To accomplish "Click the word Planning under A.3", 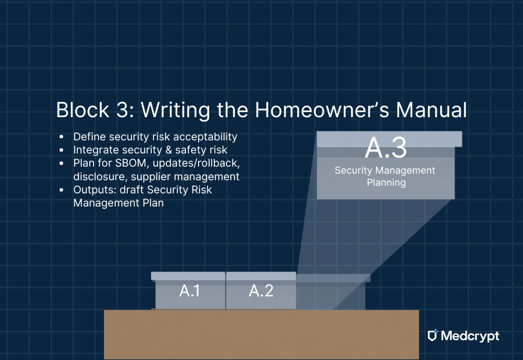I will click(x=386, y=182).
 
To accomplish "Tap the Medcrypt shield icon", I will click(x=432, y=336).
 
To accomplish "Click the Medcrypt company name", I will click(x=470, y=336).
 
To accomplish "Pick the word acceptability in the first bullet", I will click(x=205, y=137).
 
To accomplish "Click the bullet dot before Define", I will click(x=62, y=137).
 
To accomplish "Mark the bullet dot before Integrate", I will click(x=62, y=150).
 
